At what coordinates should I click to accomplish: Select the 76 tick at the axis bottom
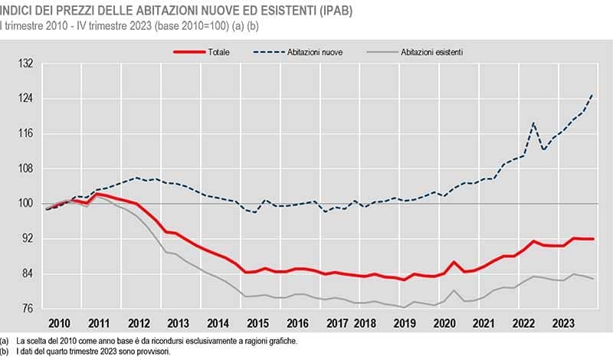[29, 309]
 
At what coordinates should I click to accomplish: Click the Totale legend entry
[218, 52]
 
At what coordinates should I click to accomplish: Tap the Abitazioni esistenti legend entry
[432, 52]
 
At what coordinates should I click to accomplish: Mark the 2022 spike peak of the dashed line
[533, 123]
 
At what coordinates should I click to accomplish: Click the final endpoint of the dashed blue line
[592, 94]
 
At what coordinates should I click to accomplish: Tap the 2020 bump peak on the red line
[454, 263]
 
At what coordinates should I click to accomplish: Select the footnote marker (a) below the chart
[5, 340]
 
